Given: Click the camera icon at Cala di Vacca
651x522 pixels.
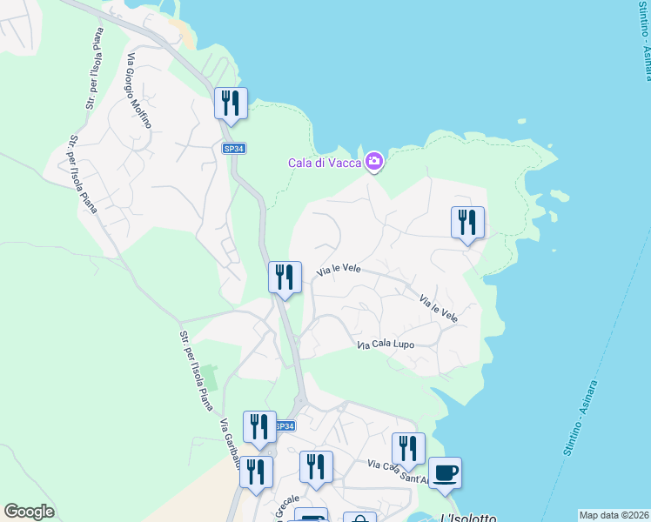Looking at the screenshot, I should tap(374, 161).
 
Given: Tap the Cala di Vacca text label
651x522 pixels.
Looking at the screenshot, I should tap(325, 163).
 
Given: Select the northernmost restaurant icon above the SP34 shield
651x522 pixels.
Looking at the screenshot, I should tap(231, 104).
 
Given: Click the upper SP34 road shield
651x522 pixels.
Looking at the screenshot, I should tap(233, 149).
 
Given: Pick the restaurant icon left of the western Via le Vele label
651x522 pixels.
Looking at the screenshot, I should tap(285, 278).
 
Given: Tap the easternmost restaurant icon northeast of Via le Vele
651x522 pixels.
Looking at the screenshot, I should tap(467, 223).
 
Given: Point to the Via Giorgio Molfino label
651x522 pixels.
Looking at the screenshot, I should tap(139, 90).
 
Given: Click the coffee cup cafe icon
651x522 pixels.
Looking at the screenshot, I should tap(445, 472).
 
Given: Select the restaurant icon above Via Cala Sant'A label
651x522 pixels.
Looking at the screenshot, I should tap(408, 449).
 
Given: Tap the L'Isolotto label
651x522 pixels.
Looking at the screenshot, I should tap(468, 518).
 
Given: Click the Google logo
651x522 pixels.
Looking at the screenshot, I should tap(29, 512).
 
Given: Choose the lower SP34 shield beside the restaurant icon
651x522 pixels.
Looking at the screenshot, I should tap(285, 426).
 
